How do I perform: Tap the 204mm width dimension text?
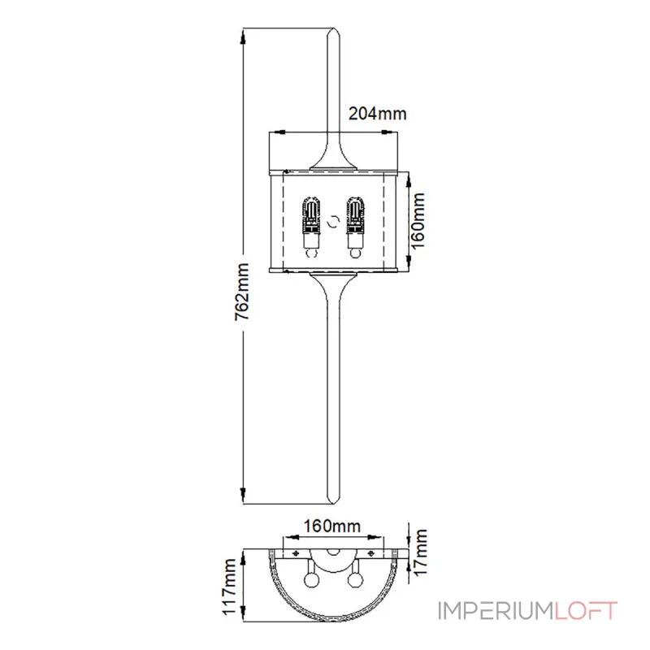click(x=377, y=115)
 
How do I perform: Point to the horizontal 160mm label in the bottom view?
click(x=331, y=526)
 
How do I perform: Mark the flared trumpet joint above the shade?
click(x=333, y=154)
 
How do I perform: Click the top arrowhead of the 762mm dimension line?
click(x=243, y=35)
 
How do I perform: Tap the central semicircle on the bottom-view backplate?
click(x=333, y=552)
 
